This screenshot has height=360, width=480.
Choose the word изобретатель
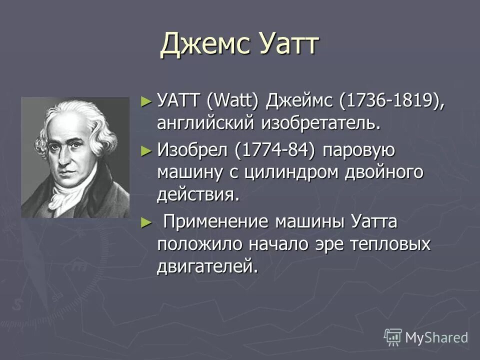coord(319,123)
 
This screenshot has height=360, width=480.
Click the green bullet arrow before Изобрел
coord(145,150)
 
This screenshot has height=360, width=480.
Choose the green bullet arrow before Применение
coord(145,222)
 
